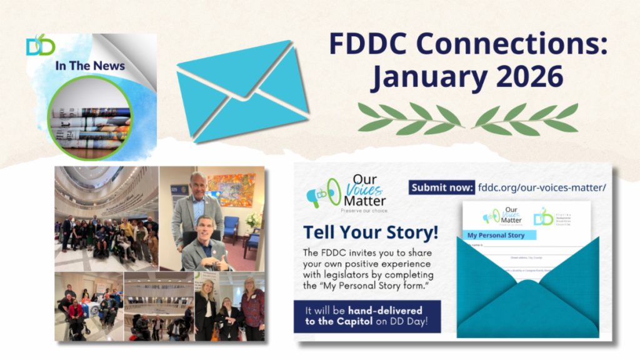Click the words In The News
pos(90,66)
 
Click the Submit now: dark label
pos(441,187)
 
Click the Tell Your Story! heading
pos(371,232)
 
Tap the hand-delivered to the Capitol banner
pos(367,316)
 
